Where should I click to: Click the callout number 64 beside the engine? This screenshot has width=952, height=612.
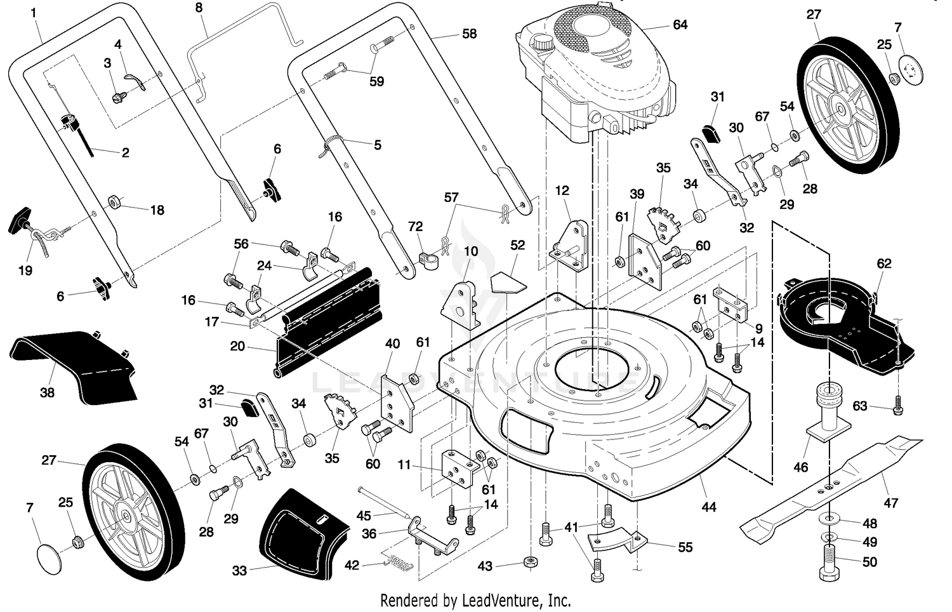[x=680, y=25]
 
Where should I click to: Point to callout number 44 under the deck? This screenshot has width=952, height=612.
[x=708, y=507]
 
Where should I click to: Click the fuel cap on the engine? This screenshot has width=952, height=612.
[x=541, y=42]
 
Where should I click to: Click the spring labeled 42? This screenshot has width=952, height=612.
[x=400, y=563]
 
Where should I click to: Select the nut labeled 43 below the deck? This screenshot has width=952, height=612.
[x=530, y=562]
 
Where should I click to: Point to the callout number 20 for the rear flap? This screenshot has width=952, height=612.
[x=237, y=346]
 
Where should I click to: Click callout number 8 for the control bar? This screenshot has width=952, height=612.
[x=199, y=8]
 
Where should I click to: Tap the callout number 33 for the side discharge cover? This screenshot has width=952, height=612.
[x=240, y=571]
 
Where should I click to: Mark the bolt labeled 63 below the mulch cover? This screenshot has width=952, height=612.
[x=898, y=406]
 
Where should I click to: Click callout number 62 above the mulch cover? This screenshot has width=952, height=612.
[x=884, y=263]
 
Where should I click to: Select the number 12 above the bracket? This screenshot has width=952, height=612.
[x=562, y=190]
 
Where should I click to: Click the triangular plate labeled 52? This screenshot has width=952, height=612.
[x=508, y=282]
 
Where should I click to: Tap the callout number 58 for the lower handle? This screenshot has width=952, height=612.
[x=469, y=34]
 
